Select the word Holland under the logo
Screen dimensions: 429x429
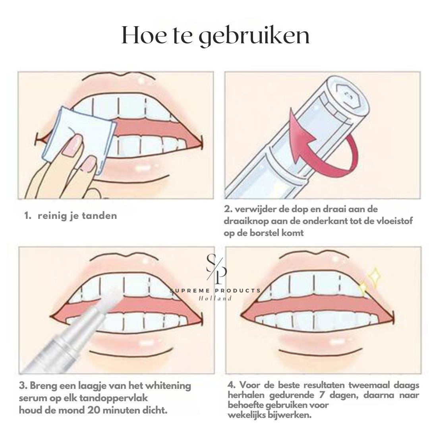point(215,298)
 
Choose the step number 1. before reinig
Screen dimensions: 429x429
point(28,216)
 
